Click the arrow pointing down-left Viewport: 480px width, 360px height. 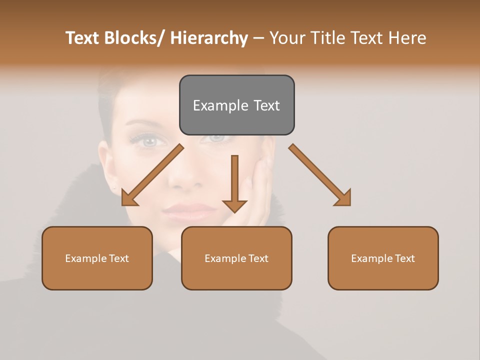click(x=151, y=175)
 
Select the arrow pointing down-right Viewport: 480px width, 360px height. click(x=320, y=175)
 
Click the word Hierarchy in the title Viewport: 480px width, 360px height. click(x=209, y=38)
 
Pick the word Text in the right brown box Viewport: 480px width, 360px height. click(x=404, y=258)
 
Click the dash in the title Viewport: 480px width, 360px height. click(x=258, y=38)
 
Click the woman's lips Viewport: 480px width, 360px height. click(x=183, y=211)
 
